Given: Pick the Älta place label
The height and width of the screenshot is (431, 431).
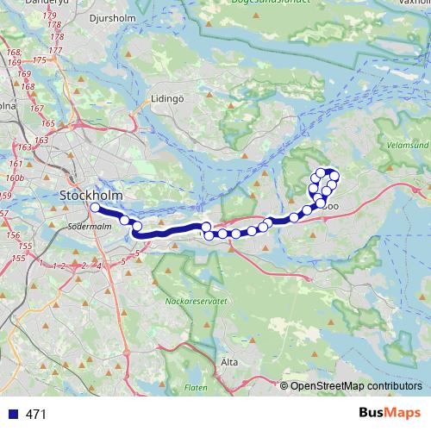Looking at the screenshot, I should click(x=228, y=362).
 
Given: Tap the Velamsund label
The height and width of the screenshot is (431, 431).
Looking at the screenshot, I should click(x=408, y=146).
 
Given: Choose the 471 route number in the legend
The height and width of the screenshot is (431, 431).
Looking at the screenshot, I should click(x=36, y=415).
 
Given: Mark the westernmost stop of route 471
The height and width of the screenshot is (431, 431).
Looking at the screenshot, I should click(x=94, y=208).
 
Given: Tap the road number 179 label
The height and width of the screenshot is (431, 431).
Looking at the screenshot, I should click(x=50, y=16).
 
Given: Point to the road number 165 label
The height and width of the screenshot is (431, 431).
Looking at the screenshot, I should click(x=47, y=124).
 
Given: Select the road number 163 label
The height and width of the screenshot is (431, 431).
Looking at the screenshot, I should click(x=17, y=139).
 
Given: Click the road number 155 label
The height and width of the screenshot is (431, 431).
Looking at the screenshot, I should click(x=19, y=259).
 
